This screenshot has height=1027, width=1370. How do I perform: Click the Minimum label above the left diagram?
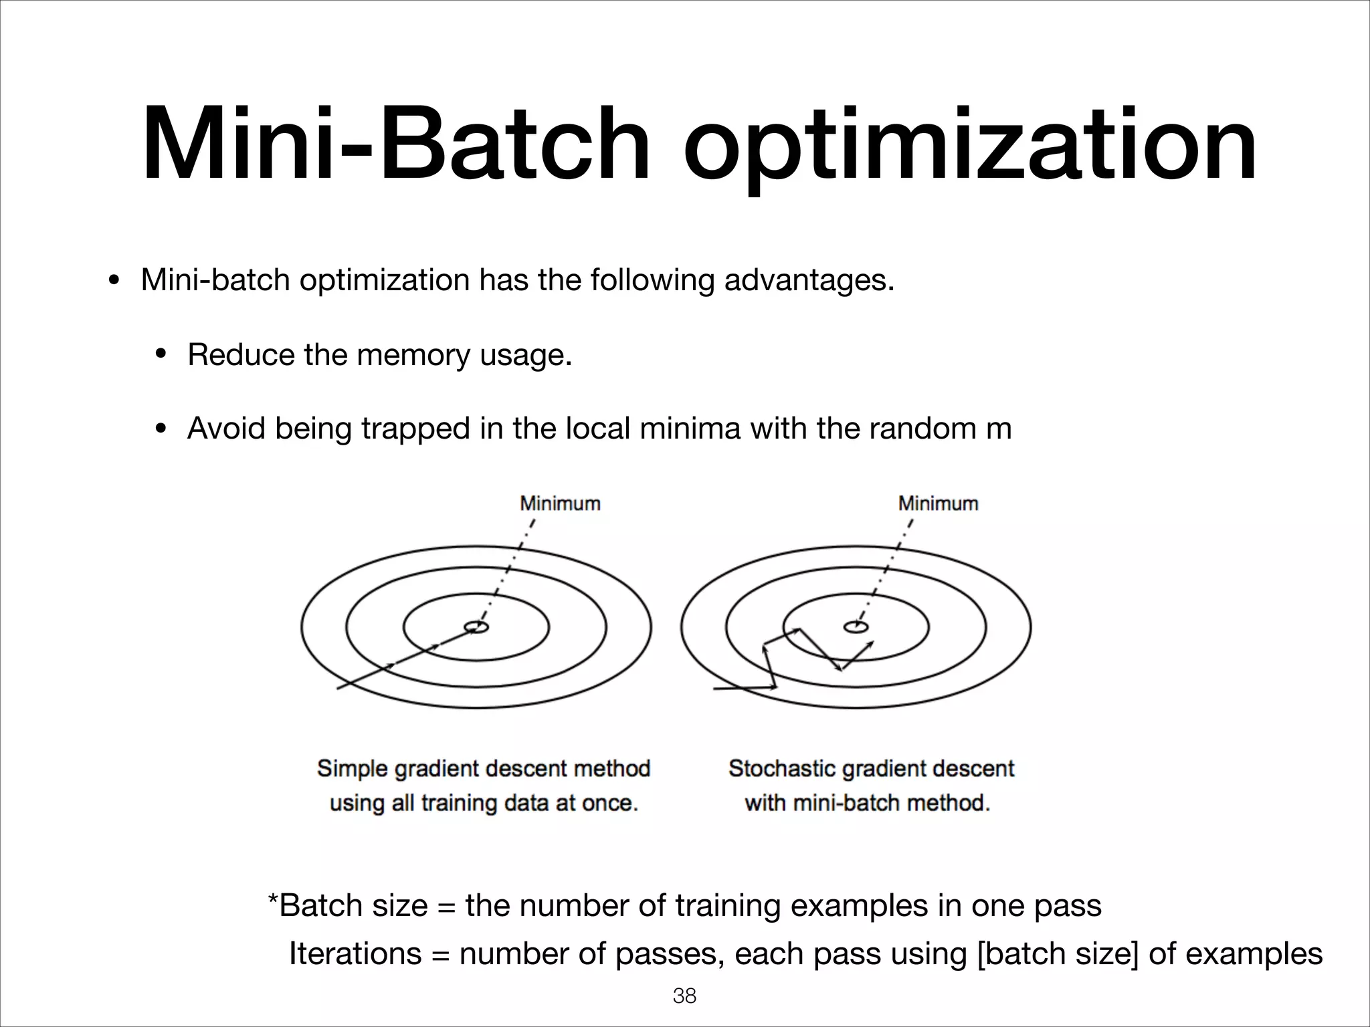click(x=560, y=503)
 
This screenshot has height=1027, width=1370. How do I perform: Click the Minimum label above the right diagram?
click(x=938, y=503)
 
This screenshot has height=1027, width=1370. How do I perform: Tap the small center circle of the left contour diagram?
click(x=476, y=626)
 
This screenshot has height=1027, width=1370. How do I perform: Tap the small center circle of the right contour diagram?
click(x=856, y=626)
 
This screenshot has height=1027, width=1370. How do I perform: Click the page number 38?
click(x=684, y=996)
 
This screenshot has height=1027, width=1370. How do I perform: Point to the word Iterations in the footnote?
click(x=355, y=953)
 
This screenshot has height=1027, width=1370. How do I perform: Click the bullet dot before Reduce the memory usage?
click(x=161, y=354)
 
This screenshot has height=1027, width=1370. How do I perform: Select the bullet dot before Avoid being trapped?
click(x=161, y=429)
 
